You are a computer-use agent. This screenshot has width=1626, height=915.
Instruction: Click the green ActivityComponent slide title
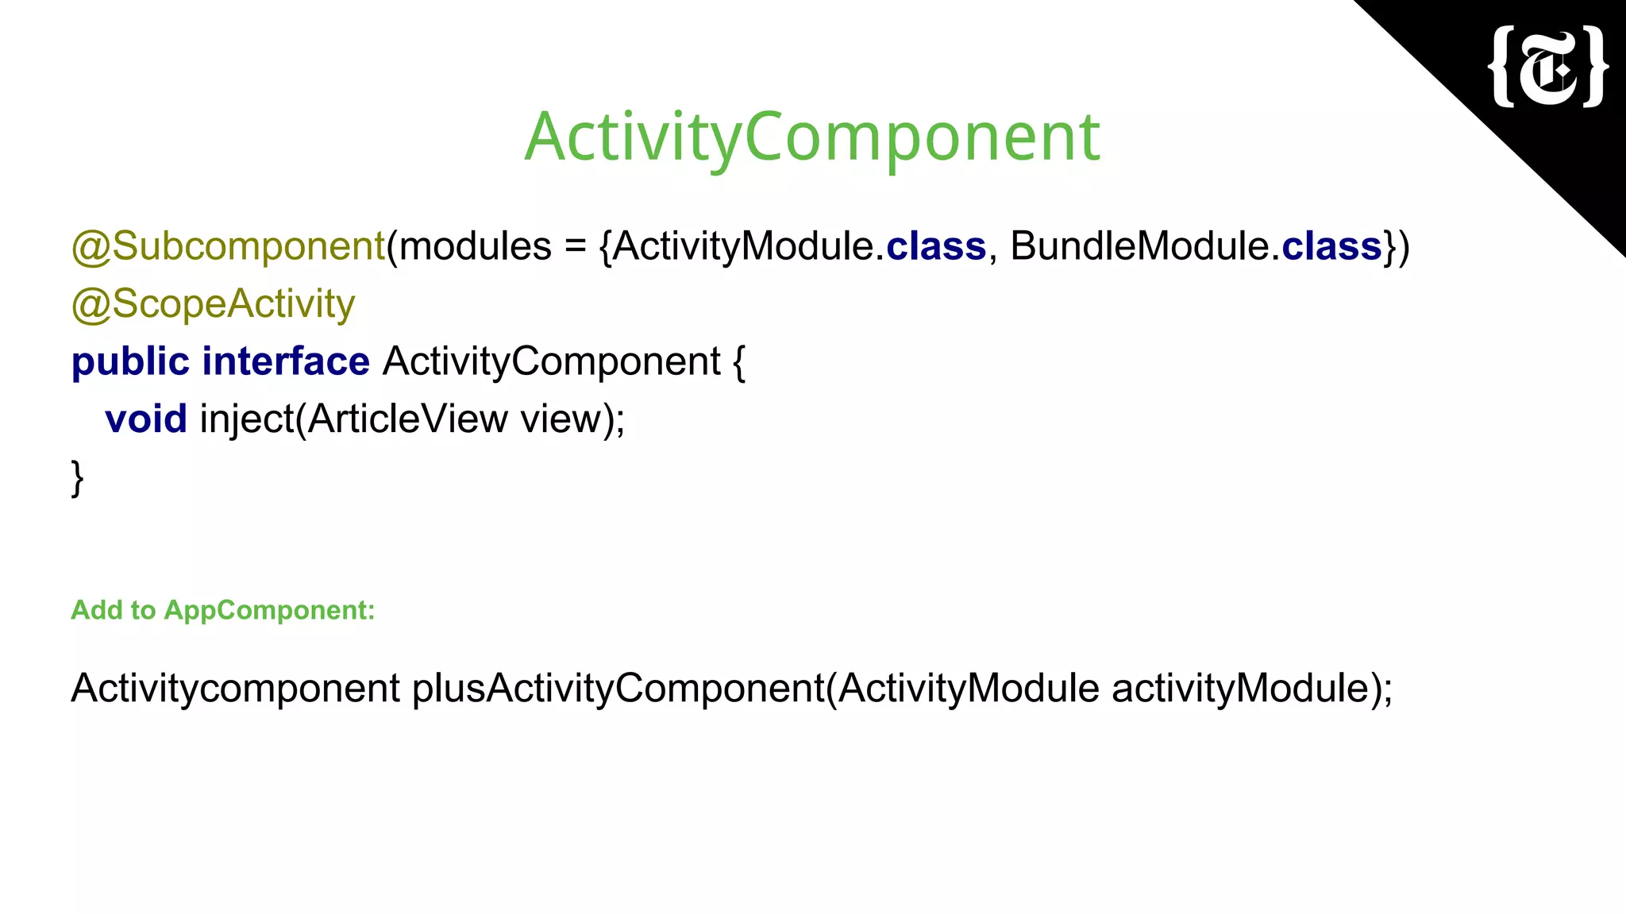[x=811, y=137]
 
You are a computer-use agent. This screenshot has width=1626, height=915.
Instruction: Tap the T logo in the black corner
[x=1548, y=67]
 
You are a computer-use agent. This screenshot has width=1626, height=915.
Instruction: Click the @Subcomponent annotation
[x=228, y=246]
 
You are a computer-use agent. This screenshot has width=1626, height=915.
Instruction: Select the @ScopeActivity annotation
[x=213, y=304]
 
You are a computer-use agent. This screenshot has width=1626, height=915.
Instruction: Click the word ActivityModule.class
[x=799, y=246]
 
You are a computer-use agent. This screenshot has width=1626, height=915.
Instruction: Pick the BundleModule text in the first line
[x=1140, y=246]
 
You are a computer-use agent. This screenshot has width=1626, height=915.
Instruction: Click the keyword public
[x=129, y=362]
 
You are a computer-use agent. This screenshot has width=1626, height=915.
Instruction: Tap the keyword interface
[x=286, y=362]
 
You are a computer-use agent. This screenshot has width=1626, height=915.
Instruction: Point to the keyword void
[x=146, y=419]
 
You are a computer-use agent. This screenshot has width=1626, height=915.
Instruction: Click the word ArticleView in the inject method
[x=407, y=419]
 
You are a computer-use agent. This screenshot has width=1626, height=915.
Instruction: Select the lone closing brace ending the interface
[x=77, y=478]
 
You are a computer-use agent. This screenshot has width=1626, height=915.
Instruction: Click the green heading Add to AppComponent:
[x=222, y=610]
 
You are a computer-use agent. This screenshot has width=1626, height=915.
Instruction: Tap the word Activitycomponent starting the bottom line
[x=235, y=688]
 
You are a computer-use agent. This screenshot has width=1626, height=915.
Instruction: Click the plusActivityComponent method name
[x=618, y=688]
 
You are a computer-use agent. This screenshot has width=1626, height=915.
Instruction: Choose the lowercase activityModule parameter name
[x=1240, y=688]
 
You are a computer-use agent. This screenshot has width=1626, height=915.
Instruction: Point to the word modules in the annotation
[x=475, y=246]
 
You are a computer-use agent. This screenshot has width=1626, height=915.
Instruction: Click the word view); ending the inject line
[x=572, y=419]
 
